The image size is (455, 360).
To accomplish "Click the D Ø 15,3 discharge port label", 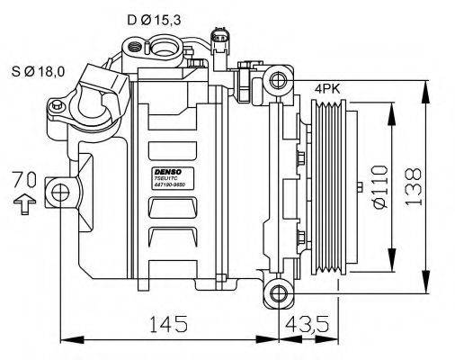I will [155, 18].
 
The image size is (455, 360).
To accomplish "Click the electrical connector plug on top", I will [219, 40].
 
